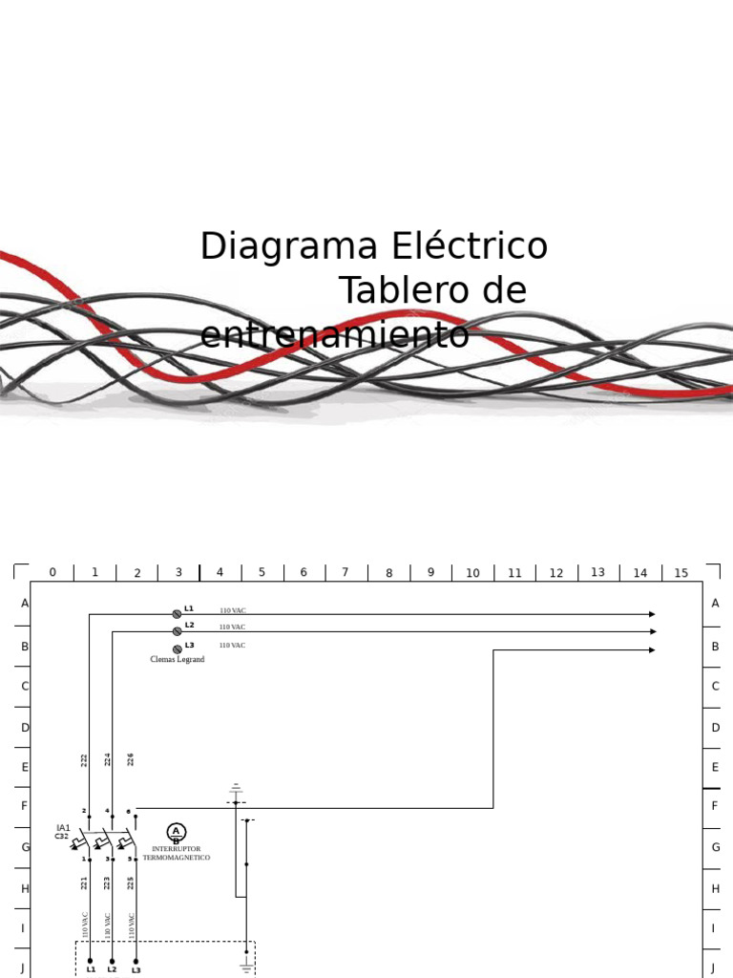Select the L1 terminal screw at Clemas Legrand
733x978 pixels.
pos(178,614)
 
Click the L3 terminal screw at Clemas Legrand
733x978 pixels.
pos(178,649)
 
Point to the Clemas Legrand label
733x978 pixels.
pos(178,660)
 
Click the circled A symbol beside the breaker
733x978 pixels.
pos(176,832)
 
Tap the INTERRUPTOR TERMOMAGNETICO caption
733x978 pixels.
pos(177,853)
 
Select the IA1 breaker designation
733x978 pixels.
pos(63,828)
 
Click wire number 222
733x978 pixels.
pos(84,760)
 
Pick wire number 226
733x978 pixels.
pos(131,759)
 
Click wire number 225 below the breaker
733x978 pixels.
pos(131,882)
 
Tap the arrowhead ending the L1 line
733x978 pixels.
pos(652,614)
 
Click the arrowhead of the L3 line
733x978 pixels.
pos(652,650)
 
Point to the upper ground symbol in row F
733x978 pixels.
pos(236,794)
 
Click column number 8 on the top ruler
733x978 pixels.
pos(389,573)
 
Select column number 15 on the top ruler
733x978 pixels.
pos(681,573)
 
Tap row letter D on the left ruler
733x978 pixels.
pos(26,727)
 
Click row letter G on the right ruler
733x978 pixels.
pos(715,847)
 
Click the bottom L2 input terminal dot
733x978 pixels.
pos(113,961)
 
